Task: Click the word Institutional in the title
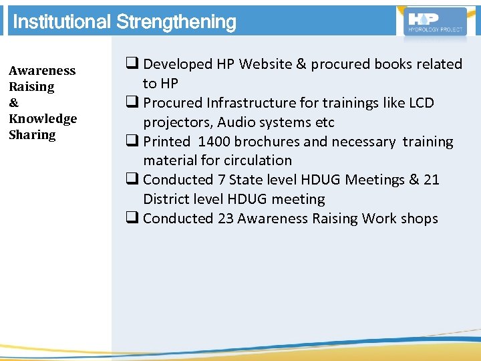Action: coord(62,22)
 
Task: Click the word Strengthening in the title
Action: coord(176,22)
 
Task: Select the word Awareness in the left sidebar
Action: coord(42,71)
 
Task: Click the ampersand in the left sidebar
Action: coord(13,103)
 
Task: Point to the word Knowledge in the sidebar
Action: coord(43,119)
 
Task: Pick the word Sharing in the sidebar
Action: coord(32,135)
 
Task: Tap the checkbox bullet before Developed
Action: coord(130,64)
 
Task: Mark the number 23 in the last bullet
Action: coord(225,219)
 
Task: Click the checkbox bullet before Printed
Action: coord(130,142)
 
